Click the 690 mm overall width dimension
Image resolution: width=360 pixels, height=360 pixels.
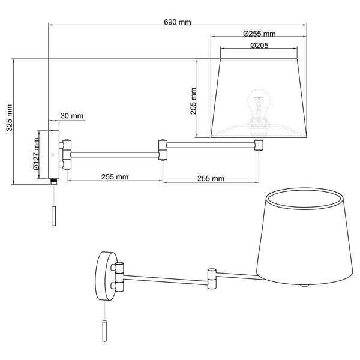coord(177,22)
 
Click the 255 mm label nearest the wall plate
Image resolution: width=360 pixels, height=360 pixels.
coord(114,177)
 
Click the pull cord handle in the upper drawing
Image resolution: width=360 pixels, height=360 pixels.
coord(55,215)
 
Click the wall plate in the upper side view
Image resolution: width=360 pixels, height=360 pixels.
coord(53,154)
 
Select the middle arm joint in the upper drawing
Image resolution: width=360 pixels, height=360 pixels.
coord(162,149)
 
